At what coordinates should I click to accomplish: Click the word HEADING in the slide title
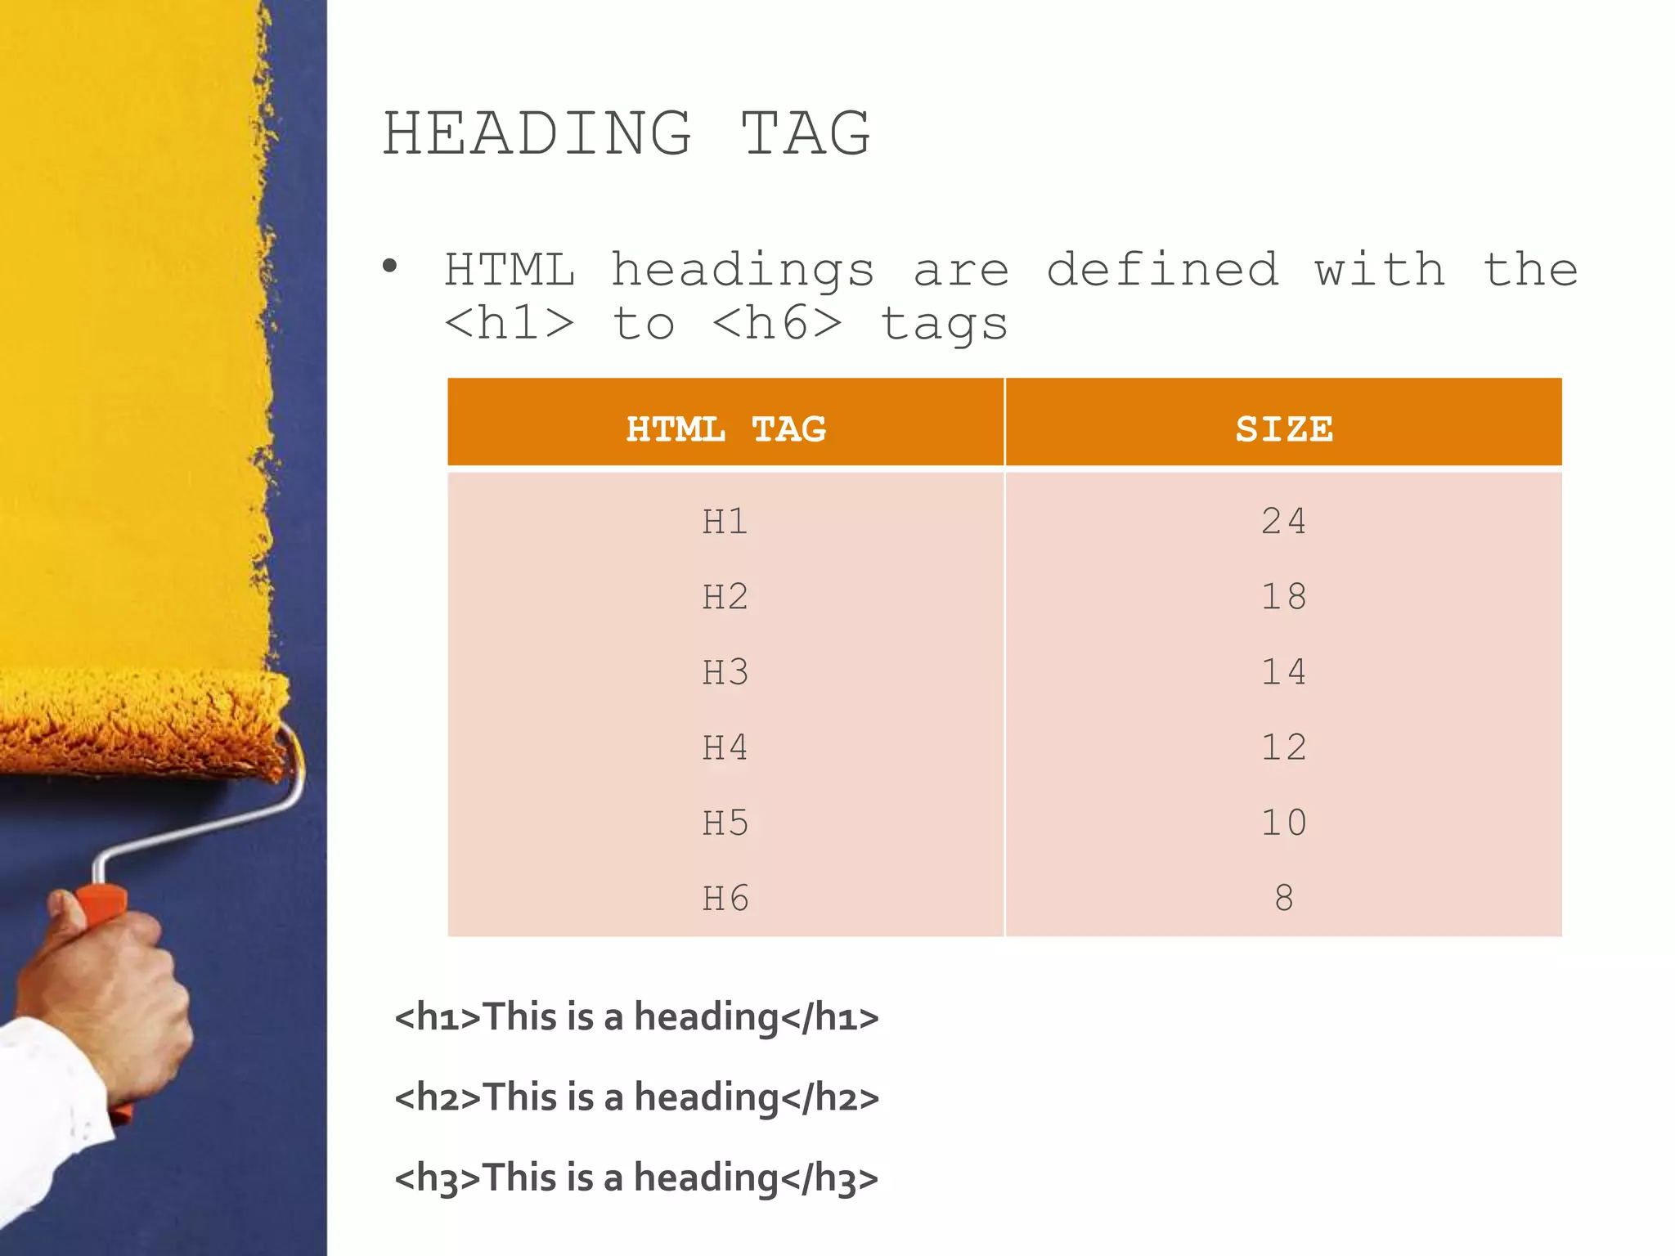pos(537,133)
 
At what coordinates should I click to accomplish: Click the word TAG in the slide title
pos(806,133)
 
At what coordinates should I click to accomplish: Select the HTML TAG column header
pos(725,428)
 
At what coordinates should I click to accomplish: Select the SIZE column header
pos(1283,428)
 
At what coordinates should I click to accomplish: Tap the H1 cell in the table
pos(725,522)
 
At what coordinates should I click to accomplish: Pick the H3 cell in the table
pos(725,672)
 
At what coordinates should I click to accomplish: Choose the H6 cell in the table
pos(725,898)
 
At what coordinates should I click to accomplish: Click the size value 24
pos(1283,522)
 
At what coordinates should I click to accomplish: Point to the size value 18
pos(1283,597)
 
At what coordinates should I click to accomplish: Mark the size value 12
pos(1283,747)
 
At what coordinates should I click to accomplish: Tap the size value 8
pos(1283,898)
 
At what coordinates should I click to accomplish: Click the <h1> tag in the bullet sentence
pos(509,323)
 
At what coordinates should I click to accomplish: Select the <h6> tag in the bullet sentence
pos(776,323)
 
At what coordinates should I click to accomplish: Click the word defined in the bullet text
pos(1162,270)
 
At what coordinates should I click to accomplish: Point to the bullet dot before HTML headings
pos(390,266)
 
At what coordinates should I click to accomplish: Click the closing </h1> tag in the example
pos(829,1017)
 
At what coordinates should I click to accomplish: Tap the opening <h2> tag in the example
pos(438,1097)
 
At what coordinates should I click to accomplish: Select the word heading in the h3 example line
pos(706,1178)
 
